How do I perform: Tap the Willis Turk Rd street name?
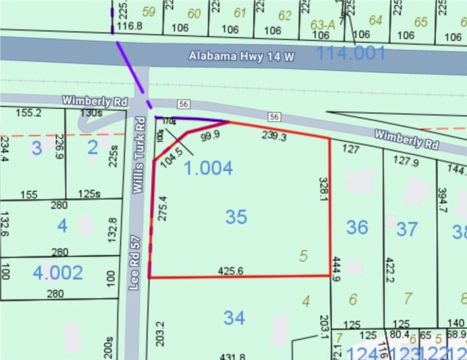coord(140,154)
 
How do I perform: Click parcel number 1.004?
coord(208,168)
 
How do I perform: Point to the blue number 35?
coord(236,217)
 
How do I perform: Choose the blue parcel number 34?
coord(234,318)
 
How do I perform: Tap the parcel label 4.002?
coord(58,273)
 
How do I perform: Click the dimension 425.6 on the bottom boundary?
coord(230,271)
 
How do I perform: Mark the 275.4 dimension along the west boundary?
coord(162,208)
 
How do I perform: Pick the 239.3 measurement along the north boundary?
coord(274,135)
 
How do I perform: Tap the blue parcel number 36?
coord(357,227)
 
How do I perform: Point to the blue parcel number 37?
coord(406,229)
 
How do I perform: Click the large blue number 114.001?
coord(351,53)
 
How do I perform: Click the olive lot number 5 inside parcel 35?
coord(303,256)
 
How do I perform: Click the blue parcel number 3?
coord(37,148)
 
